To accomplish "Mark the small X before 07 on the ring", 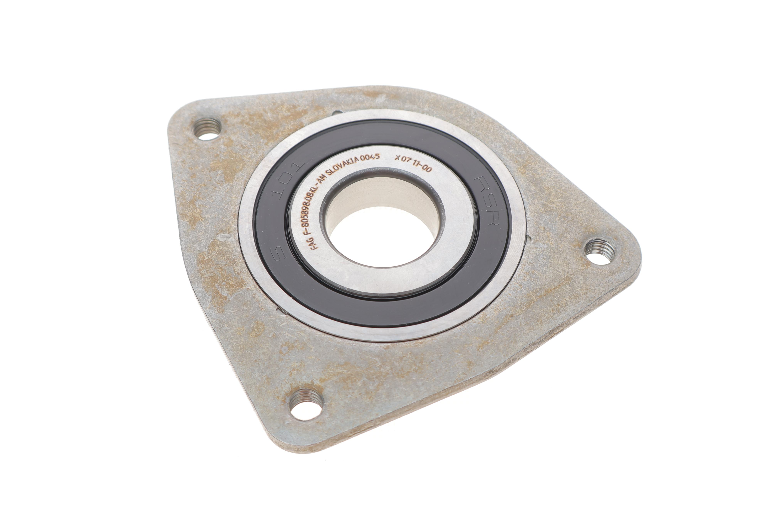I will coord(397,157).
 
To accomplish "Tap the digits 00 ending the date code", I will coord(427,169).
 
